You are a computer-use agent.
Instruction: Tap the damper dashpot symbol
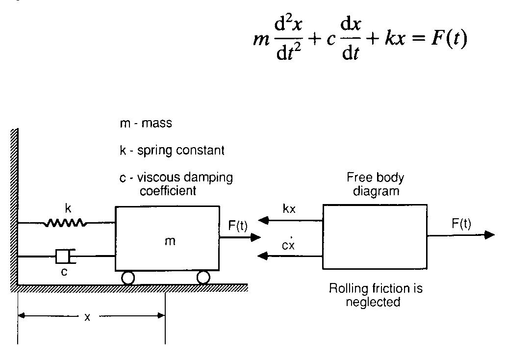tap(64, 256)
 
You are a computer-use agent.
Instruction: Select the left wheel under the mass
tap(127, 278)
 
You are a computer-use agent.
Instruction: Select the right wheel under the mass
tap(203, 278)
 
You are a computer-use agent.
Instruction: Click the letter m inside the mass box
tap(170, 241)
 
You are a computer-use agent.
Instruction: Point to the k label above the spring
tap(68, 208)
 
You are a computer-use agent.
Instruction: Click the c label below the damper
tap(64, 272)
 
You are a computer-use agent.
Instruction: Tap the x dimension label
tap(87, 317)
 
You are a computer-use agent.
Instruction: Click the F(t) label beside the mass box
tap(238, 226)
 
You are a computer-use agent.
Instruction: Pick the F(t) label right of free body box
tap(461, 224)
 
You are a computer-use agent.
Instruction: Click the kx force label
tap(289, 209)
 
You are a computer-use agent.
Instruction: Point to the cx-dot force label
tap(288, 245)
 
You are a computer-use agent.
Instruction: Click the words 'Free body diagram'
tap(376, 184)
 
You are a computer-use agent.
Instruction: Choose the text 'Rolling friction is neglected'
tap(376, 295)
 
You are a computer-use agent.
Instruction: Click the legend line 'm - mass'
tap(146, 123)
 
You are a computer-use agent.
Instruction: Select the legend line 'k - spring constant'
tap(172, 150)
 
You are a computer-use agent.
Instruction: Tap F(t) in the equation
tap(449, 38)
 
